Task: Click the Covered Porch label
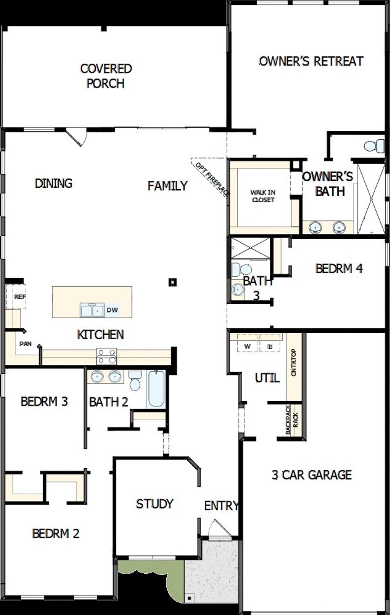(106, 76)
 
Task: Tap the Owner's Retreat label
(311, 61)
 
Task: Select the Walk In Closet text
(263, 196)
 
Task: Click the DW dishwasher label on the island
(112, 310)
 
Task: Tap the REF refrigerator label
(20, 297)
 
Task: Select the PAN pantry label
(26, 344)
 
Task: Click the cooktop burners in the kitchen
(107, 356)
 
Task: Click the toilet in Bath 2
(134, 381)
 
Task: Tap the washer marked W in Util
(247, 346)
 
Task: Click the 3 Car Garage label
(312, 475)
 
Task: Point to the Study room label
(154, 504)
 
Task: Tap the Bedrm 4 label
(339, 268)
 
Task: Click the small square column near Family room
(173, 282)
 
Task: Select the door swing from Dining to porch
(77, 138)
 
